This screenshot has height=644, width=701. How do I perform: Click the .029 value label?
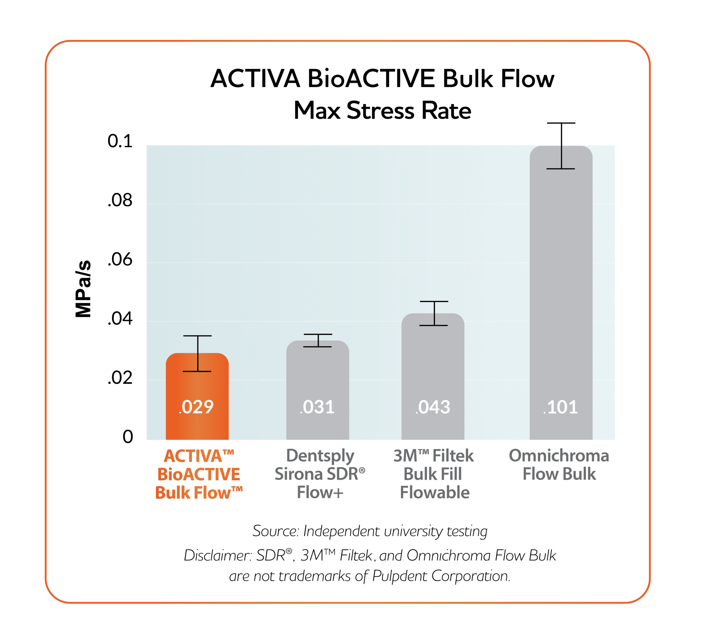tap(196, 407)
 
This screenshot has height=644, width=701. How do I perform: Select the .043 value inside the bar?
tap(433, 407)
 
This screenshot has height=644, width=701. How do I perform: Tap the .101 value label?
tap(561, 407)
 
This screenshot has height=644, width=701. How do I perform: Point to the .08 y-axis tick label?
tap(120, 200)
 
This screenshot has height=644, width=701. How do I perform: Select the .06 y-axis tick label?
tap(120, 260)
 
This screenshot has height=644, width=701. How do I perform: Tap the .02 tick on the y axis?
tap(120, 378)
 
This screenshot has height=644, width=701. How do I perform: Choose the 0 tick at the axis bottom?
tap(128, 437)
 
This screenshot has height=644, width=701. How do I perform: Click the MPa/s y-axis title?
tap(83, 289)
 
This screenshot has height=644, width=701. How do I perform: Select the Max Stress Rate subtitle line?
tap(382, 110)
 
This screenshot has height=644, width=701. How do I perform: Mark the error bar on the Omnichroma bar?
tap(561, 146)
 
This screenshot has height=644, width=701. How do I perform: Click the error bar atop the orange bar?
tap(198, 353)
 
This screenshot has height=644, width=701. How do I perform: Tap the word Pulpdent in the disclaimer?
tap(400, 576)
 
